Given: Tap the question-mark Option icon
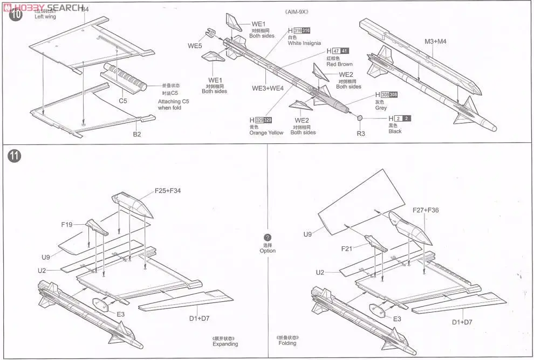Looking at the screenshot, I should (x=267, y=238).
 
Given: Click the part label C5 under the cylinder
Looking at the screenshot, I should (x=123, y=101).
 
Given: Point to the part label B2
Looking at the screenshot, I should (x=137, y=134).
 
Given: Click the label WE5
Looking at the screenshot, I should (x=195, y=46).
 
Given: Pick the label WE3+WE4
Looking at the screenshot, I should (x=268, y=88).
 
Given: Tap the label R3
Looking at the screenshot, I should (x=361, y=133).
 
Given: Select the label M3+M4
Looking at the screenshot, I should (x=436, y=41).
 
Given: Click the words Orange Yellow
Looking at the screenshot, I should (x=266, y=133).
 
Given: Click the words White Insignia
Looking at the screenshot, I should (x=304, y=43).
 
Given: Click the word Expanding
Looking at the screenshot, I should (x=225, y=344).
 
